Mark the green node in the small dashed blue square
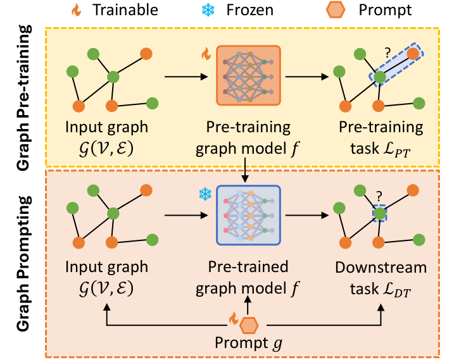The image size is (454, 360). pos(379,214)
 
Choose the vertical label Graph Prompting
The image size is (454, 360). pos(23,266)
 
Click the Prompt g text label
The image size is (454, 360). pos(248,345)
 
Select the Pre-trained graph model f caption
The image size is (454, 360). pos(248,275)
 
